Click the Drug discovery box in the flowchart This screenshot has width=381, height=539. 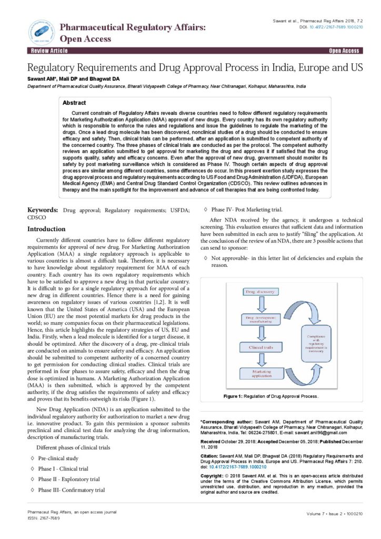coord(257,291)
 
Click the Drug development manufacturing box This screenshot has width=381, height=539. coord(257,319)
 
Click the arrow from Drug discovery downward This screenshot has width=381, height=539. coord(257,304)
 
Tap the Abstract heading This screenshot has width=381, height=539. coord(74,103)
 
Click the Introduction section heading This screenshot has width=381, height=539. coord(46,229)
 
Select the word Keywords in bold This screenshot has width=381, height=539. coord(42,209)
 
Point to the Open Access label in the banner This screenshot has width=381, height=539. coord(344,51)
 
